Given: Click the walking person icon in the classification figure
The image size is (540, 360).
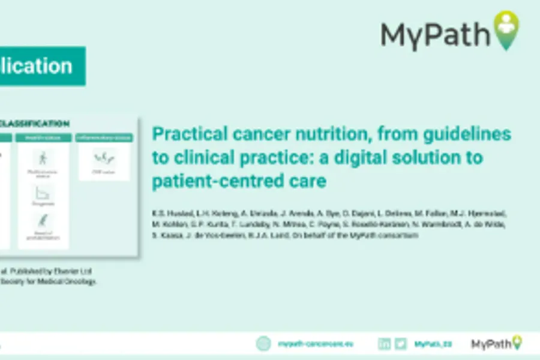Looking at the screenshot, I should coord(43,159).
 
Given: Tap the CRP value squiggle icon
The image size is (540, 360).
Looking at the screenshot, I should coord(104,157).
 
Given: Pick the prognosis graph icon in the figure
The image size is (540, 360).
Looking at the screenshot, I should coord(43,193).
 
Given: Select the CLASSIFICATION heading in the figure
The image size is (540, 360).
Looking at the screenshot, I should coord(33,124).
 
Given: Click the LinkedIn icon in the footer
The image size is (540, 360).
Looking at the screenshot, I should coord(384,344).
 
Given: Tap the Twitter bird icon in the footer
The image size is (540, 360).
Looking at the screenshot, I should coord(401,344).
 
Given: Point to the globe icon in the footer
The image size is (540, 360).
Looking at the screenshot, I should coord(263,344).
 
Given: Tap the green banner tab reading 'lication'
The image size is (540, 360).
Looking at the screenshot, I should coord(42,66).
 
